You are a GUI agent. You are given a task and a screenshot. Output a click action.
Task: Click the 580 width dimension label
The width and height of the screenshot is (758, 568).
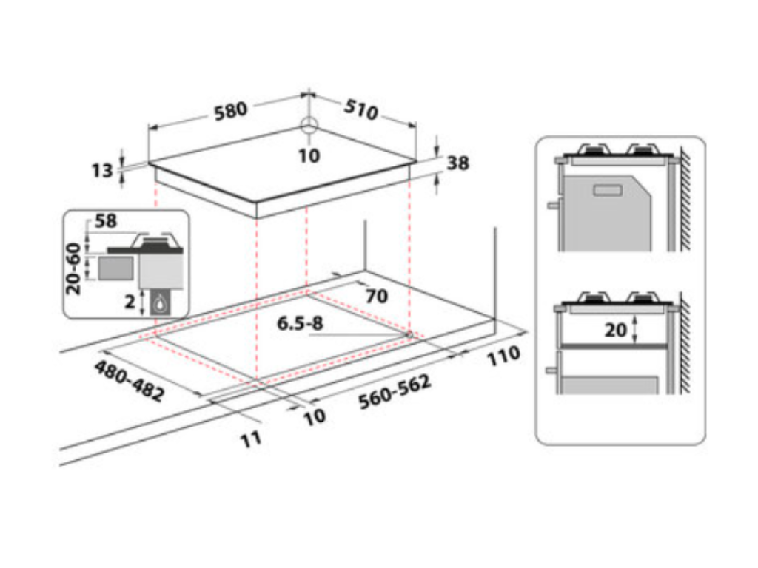point(230,112)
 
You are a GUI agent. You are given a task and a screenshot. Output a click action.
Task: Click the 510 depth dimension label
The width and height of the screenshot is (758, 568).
point(362,109)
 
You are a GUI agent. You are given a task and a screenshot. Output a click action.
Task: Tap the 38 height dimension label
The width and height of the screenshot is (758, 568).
point(458,163)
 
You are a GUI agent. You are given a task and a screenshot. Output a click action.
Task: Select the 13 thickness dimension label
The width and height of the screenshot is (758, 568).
point(102,171)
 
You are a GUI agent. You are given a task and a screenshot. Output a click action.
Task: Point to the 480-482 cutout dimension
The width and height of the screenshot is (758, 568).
point(129,381)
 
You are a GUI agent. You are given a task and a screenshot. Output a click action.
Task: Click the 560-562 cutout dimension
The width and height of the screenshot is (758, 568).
point(395,393)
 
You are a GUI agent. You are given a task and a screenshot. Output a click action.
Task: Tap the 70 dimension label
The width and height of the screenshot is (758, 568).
point(376,297)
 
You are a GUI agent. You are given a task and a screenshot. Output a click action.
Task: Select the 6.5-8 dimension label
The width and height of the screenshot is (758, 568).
point(301,324)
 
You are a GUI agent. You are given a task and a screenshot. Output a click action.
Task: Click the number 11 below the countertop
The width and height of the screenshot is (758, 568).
point(251,439)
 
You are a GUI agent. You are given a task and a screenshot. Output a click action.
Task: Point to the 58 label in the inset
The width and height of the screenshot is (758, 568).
point(106,220)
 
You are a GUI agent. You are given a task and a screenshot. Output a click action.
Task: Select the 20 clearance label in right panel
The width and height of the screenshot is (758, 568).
point(615,330)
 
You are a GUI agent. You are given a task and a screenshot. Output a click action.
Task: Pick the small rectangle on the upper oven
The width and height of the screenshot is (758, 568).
point(608,191)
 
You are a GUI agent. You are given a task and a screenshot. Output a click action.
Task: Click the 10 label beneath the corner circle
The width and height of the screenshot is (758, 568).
point(309,155)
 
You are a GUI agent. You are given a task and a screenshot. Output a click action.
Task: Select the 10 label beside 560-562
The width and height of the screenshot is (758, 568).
point(314,416)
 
